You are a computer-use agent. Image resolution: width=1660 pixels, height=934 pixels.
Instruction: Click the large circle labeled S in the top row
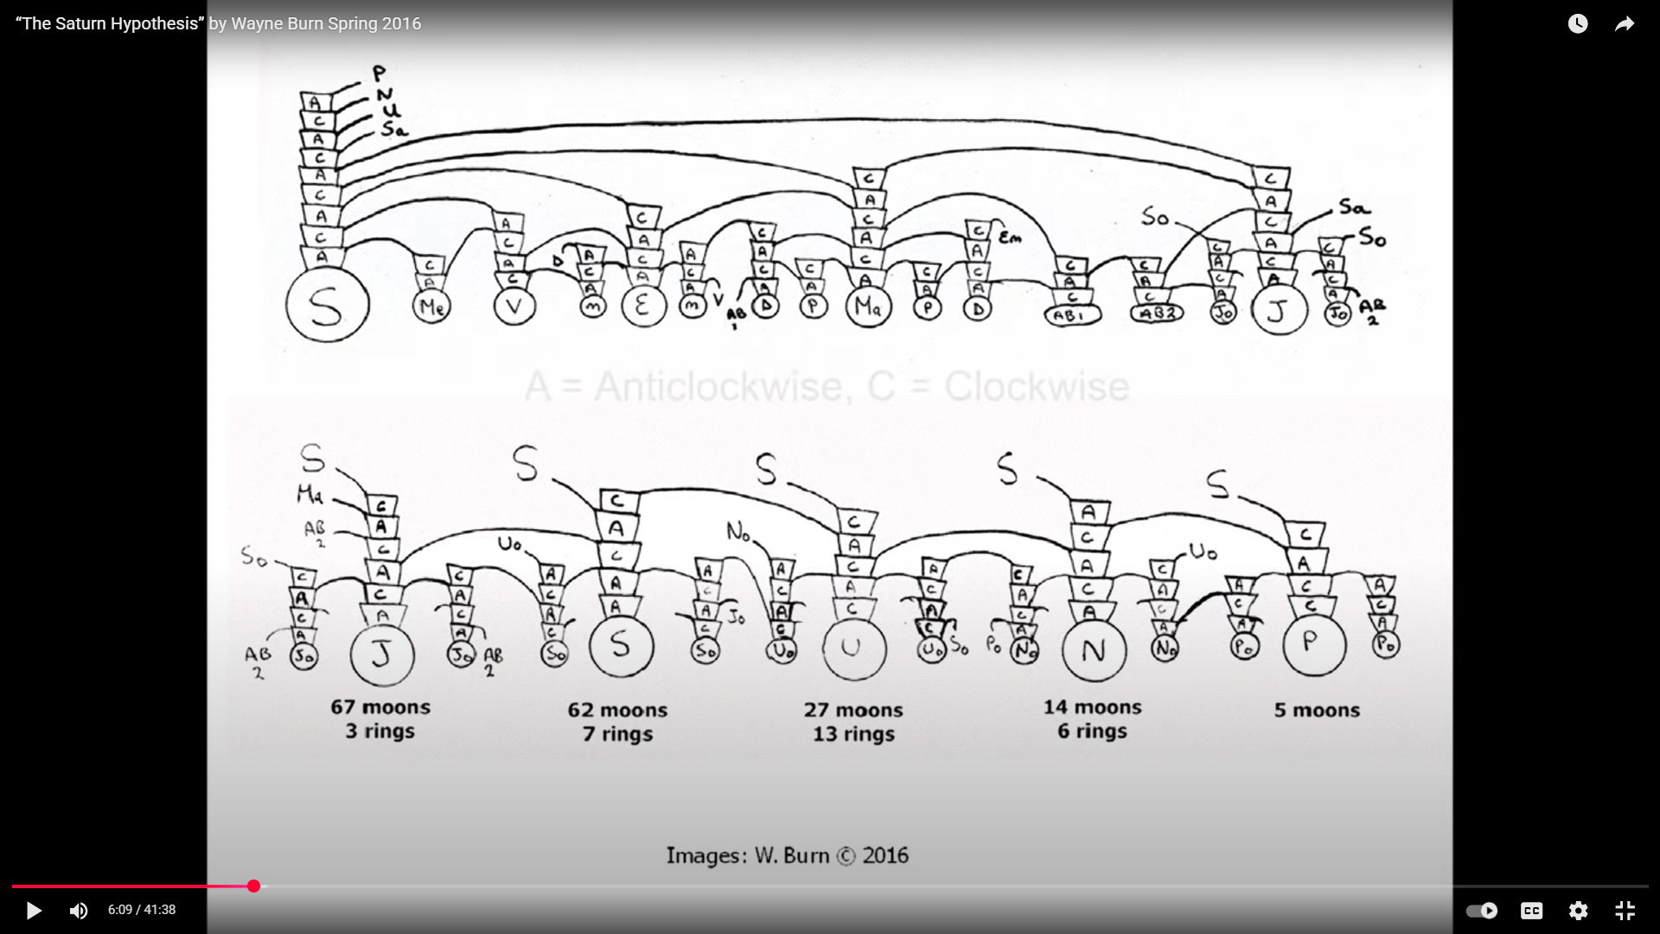pyautogui.click(x=327, y=305)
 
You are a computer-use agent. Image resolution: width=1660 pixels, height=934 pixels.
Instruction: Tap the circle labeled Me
pyautogui.click(x=431, y=306)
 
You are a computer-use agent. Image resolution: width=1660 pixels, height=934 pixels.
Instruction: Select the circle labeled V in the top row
pyautogui.click(x=514, y=306)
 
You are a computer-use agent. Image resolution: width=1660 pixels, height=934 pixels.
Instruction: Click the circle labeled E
pyautogui.click(x=642, y=305)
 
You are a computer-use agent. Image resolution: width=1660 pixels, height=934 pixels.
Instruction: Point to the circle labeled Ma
pyautogui.click(x=868, y=305)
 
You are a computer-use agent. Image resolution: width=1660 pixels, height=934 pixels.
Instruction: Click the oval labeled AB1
pyautogui.click(x=1072, y=316)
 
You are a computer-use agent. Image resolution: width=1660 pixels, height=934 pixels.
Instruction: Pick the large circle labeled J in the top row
pyautogui.click(x=1279, y=310)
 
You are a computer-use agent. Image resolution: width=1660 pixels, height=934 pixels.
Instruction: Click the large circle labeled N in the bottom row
pyautogui.click(x=1094, y=650)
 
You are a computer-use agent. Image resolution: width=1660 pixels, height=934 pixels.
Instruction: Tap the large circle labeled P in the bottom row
pyautogui.click(x=1314, y=644)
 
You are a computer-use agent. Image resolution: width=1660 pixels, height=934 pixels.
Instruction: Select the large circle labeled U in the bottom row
pyautogui.click(x=853, y=648)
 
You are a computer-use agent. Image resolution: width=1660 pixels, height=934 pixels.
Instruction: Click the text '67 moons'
pyautogui.click(x=380, y=707)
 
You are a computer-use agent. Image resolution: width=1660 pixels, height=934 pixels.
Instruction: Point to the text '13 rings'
pyautogui.click(x=853, y=734)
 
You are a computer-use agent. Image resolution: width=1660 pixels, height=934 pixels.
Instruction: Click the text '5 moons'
pyautogui.click(x=1317, y=710)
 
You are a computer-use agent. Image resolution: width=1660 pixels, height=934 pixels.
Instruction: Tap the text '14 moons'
pyautogui.click(x=1092, y=707)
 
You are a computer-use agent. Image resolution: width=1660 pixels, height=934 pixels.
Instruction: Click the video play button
pyautogui.click(x=34, y=910)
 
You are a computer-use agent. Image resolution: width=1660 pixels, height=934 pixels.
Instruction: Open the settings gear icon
pyautogui.click(x=1578, y=910)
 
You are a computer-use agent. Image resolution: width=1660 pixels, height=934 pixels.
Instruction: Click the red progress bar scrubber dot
pyautogui.click(x=253, y=886)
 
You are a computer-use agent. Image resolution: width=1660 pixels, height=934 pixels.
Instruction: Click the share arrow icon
pyautogui.click(x=1625, y=24)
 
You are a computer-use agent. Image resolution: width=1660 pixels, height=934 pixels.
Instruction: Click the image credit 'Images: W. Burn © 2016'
pyautogui.click(x=787, y=855)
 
